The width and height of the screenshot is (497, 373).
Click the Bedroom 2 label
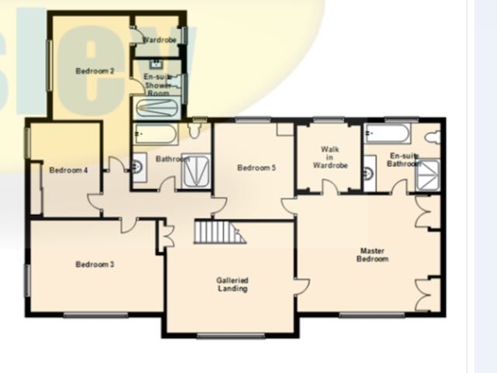tap(95, 71)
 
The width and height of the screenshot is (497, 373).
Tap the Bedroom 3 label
tap(95, 264)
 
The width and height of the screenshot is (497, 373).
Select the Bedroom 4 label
tap(68, 171)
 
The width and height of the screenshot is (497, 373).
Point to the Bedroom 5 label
tap(256, 168)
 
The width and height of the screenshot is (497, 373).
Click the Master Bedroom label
tap(373, 255)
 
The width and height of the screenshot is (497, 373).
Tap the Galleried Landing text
tap(233, 285)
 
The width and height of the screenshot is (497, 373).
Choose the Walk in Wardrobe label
tap(330, 157)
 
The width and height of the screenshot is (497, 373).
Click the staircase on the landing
tap(220, 232)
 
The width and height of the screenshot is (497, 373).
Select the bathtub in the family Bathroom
tap(155, 133)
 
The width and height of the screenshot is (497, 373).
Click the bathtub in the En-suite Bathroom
tap(388, 133)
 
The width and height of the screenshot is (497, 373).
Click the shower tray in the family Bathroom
tap(196, 171)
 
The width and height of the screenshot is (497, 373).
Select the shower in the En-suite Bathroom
tap(428, 175)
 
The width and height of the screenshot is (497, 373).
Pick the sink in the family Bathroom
tap(139, 167)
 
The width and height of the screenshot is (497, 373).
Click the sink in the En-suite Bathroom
tap(370, 173)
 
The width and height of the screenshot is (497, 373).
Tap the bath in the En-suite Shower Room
tap(157, 108)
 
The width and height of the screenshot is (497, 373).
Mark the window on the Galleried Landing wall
tap(231, 336)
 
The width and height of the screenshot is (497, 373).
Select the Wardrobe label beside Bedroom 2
tap(159, 40)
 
